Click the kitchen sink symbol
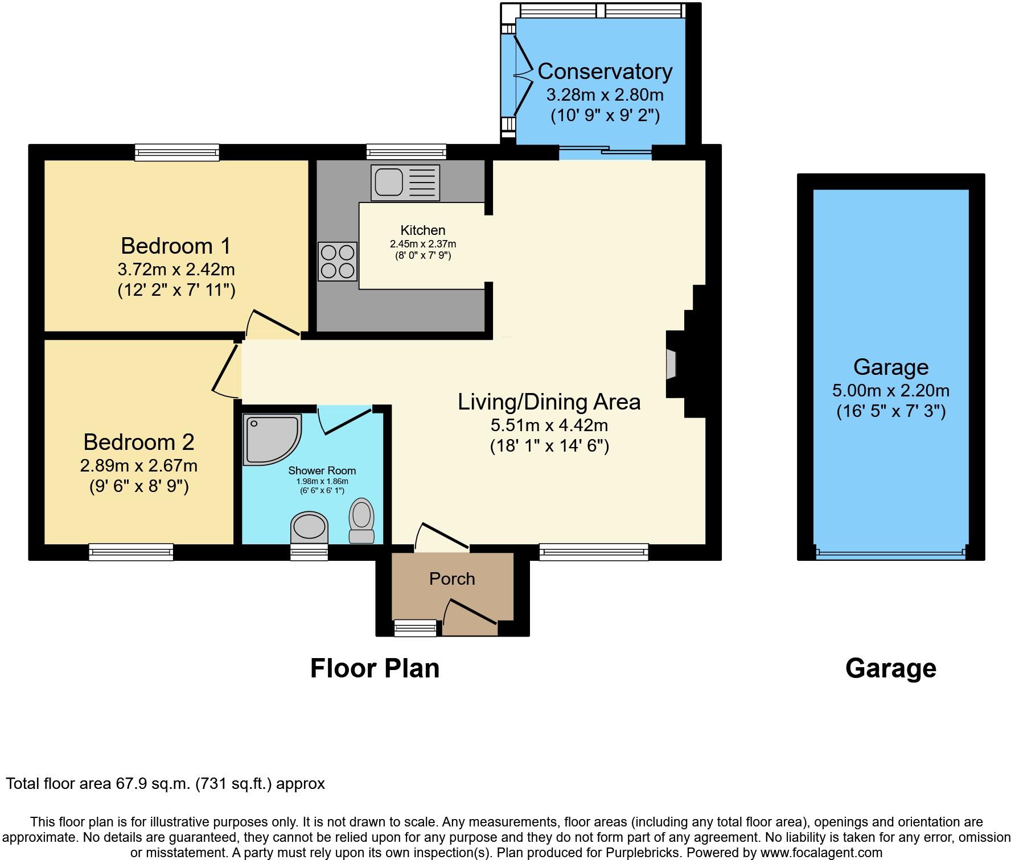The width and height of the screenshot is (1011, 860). point(405,183)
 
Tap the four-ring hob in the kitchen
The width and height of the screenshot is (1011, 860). point(338,261)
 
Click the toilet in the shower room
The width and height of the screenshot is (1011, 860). point(361,520)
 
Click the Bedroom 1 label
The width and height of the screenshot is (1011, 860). point(176,246)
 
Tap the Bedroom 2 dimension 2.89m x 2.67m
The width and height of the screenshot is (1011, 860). point(139,466)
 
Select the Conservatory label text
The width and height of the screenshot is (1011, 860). point(605,72)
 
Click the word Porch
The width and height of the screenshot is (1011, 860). point(452,579)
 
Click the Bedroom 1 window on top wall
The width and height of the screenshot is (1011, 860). point(177,152)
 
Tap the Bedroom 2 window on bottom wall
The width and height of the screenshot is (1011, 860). point(131,552)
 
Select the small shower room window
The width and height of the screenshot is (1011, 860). point(309,552)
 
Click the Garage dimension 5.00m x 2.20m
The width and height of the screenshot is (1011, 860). point(890,391)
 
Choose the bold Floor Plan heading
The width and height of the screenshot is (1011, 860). point(375,668)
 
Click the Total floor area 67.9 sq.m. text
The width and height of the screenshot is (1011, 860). point(165,784)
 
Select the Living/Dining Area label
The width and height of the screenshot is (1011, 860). point(549,402)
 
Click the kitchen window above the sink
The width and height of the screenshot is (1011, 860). point(406,152)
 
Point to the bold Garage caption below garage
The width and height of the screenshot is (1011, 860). point(890,668)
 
